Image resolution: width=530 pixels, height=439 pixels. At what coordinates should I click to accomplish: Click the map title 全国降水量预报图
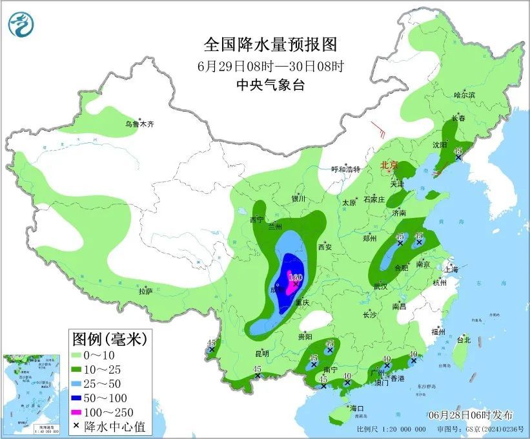[270, 45]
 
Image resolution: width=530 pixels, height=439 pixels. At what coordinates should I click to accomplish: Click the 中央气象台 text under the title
[270, 85]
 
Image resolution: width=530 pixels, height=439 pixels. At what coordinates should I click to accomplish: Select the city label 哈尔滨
[464, 95]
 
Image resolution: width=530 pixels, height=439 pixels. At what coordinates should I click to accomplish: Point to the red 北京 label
[390, 166]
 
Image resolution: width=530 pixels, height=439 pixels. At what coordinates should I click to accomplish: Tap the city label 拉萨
[145, 292]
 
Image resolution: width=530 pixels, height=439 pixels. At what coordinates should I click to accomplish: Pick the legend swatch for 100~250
[78, 412]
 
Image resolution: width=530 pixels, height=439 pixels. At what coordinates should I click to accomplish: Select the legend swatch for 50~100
[78, 398]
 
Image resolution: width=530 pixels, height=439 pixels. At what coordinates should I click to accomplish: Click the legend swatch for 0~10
[78, 355]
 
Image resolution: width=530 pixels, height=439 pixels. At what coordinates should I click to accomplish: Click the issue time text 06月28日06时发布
[470, 414]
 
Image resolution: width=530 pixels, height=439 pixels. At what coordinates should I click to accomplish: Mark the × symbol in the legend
[78, 426]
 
